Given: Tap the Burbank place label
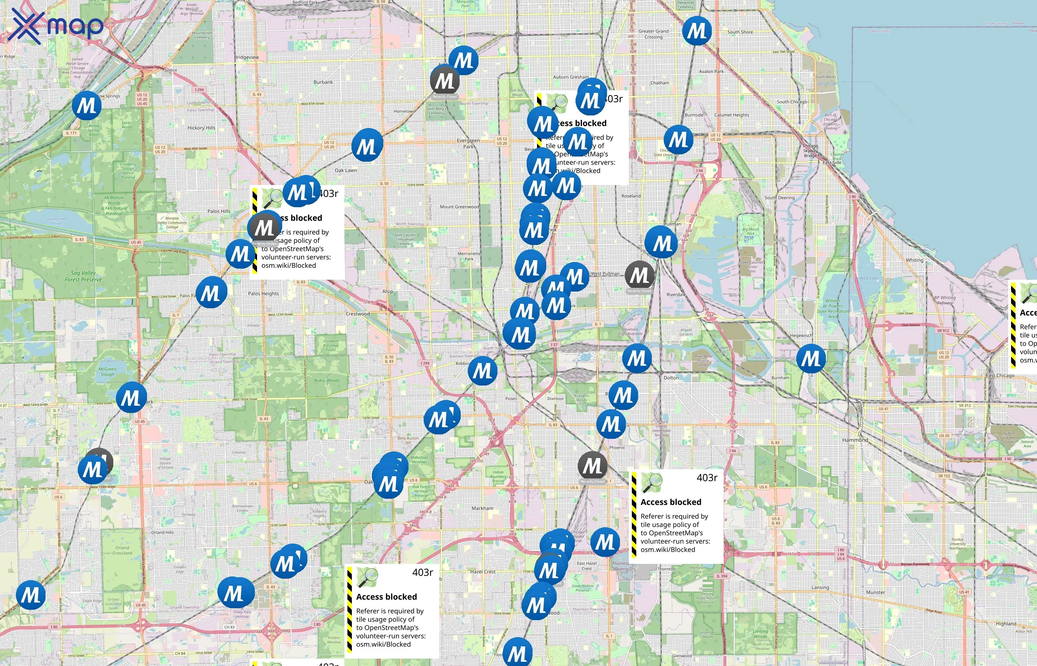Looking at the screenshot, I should point(323,82).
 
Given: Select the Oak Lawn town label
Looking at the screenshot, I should point(346,171).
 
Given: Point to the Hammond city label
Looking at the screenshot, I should point(855,440).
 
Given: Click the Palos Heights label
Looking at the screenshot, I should point(263,294).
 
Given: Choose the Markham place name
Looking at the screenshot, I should point(482,508).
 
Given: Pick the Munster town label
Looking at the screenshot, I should point(875,592).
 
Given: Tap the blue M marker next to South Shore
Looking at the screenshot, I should point(696,31).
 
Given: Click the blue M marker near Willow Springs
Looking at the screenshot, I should point(87,105).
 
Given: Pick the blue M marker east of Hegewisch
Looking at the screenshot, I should point(811,359).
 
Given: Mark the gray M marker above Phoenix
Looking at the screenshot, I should point(592,466).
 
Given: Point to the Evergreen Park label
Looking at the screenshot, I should point(468,144).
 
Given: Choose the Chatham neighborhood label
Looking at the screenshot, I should point(660,83).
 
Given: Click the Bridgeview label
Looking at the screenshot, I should point(246,57).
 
